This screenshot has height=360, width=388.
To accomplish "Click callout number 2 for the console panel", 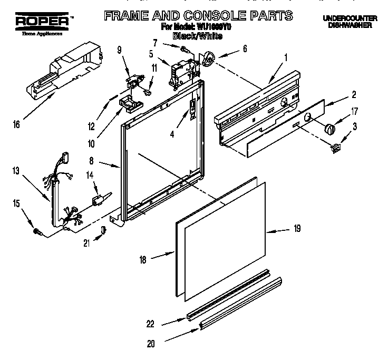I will tap(354, 95).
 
